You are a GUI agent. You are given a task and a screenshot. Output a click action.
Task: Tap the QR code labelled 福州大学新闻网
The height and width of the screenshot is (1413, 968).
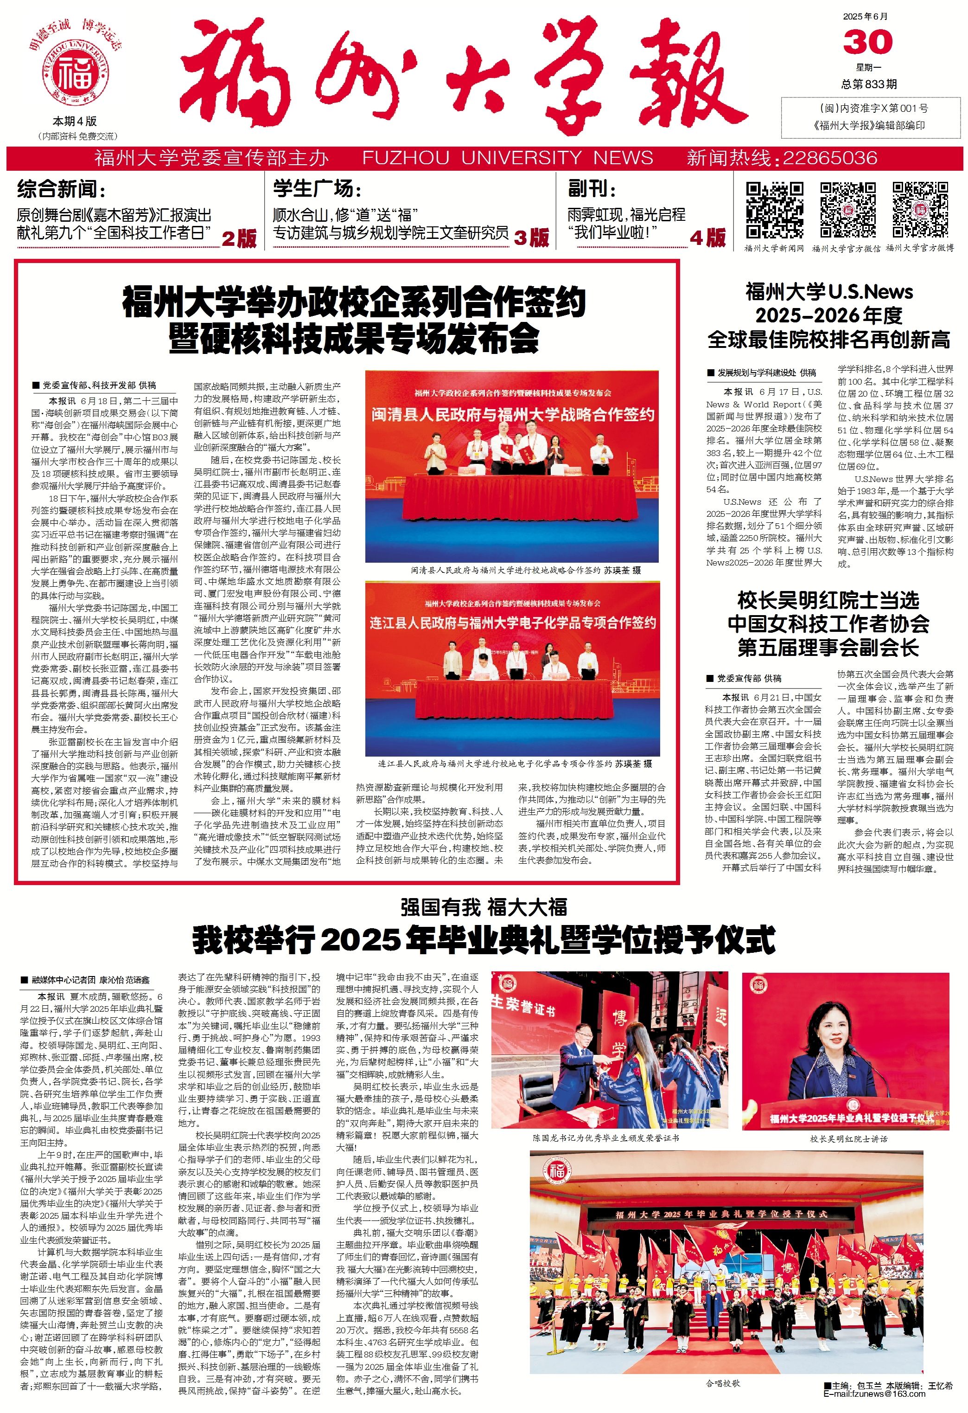point(774,210)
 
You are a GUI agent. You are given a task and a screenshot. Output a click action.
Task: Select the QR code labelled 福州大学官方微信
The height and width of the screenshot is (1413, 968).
point(847,210)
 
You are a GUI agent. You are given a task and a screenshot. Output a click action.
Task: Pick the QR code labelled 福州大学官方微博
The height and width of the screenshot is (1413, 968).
point(919,210)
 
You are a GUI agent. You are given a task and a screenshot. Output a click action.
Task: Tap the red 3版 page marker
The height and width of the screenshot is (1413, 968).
point(531,238)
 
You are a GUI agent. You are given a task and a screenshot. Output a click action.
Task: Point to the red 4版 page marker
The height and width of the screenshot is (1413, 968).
point(707,238)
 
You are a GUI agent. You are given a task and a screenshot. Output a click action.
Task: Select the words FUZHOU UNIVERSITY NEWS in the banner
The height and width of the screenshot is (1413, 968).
point(507,158)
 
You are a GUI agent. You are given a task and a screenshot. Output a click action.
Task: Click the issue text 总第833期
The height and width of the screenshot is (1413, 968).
point(868,84)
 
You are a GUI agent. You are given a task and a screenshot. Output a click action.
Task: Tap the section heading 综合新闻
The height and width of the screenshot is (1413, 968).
point(61,189)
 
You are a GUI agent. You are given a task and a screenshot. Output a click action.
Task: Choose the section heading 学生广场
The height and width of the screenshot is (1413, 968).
point(317,189)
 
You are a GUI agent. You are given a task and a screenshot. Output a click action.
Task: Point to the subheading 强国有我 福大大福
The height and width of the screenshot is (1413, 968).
point(483,908)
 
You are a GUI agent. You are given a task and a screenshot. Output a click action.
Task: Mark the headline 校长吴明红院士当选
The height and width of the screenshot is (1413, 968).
point(828,601)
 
